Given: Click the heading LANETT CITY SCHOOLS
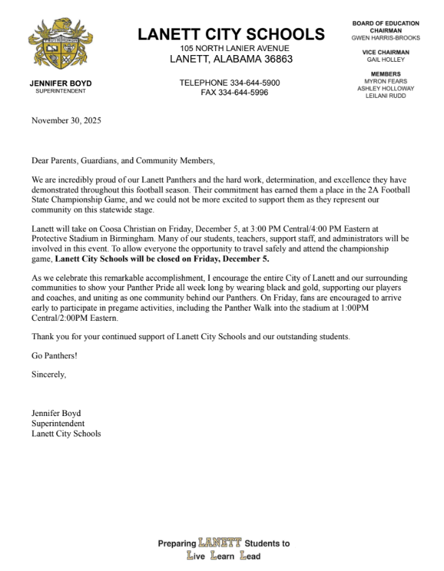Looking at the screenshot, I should (x=232, y=35).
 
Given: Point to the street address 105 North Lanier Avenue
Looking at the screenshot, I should (x=234, y=48).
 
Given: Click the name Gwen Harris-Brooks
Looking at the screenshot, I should (x=386, y=38).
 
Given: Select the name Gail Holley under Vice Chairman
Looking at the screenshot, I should (x=386, y=60).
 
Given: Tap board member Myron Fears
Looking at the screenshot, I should (x=386, y=81).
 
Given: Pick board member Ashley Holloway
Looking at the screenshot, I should (x=386, y=88).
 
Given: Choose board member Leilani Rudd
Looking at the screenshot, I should (x=386, y=96).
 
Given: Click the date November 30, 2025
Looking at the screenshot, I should (x=65, y=121).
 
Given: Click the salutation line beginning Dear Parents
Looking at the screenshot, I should (x=123, y=161).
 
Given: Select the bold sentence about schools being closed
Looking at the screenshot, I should (x=162, y=259).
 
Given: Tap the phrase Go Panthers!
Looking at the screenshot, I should (x=54, y=356).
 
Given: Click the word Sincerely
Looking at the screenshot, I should (x=49, y=374).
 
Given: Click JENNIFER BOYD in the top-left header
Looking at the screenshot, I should (x=61, y=84).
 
